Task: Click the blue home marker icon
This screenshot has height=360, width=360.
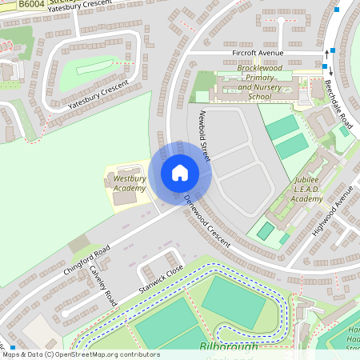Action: [180, 173]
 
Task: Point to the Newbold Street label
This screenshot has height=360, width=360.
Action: [204, 135]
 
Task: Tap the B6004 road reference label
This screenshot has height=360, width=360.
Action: [31, 5]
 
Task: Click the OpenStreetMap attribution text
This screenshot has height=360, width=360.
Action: [80, 354]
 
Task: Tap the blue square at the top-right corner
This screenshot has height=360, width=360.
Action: [336, 10]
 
